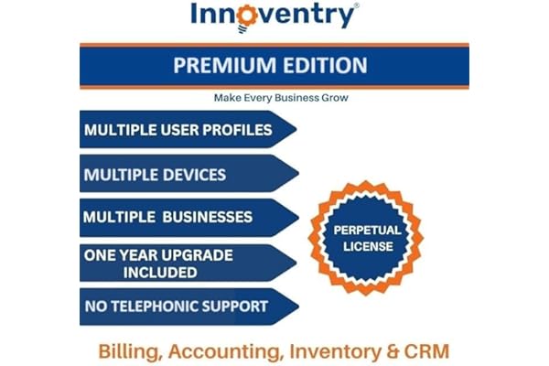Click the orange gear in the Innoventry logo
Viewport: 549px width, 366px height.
point(247,16)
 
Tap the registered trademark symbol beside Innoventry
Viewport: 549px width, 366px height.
point(357,5)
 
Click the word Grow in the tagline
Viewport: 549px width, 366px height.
point(335,98)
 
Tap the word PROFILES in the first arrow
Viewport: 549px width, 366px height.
point(237,130)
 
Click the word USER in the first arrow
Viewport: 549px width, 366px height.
point(179,130)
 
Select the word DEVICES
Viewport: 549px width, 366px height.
point(194,175)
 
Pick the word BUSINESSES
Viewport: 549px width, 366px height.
point(208,217)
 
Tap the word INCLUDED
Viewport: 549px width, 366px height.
point(160,273)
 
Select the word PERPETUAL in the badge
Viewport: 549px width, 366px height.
point(367,230)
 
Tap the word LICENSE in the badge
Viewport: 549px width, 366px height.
point(368,246)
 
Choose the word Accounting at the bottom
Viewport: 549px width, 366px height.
point(226,351)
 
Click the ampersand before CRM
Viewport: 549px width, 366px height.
point(393,351)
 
